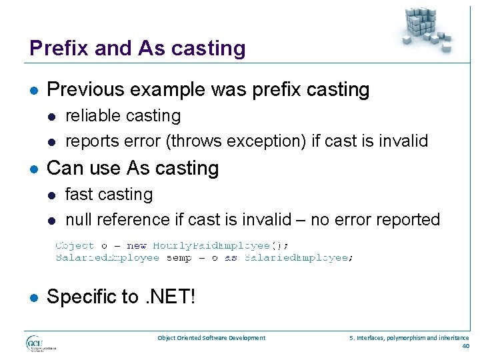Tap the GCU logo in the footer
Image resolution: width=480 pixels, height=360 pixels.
(41, 343)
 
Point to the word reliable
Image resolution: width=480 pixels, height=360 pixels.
(89, 116)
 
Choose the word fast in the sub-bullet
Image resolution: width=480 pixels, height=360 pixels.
(78, 195)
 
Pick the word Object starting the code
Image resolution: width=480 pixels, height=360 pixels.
(75, 245)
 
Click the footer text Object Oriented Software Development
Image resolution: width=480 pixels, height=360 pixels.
(211, 338)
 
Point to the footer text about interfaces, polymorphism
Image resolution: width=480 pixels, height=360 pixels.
(409, 338)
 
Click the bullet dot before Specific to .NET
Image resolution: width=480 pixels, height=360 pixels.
(33, 297)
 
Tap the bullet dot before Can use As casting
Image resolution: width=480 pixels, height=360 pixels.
(33, 169)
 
